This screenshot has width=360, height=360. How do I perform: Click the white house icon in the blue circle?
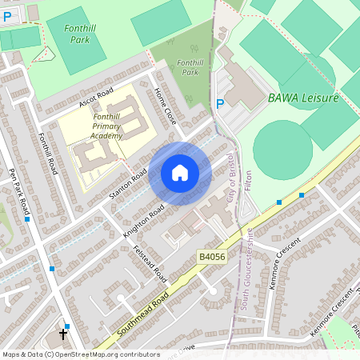click(179, 173)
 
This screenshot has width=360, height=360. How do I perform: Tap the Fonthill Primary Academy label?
click(102, 126)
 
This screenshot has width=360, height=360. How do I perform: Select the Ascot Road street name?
click(96, 98)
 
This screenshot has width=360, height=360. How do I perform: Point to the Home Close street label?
click(164, 104)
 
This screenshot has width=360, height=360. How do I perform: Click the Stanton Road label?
click(128, 184)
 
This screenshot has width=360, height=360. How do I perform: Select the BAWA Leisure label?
click(303, 98)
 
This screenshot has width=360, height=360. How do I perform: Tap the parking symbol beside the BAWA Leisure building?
click(220, 103)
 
